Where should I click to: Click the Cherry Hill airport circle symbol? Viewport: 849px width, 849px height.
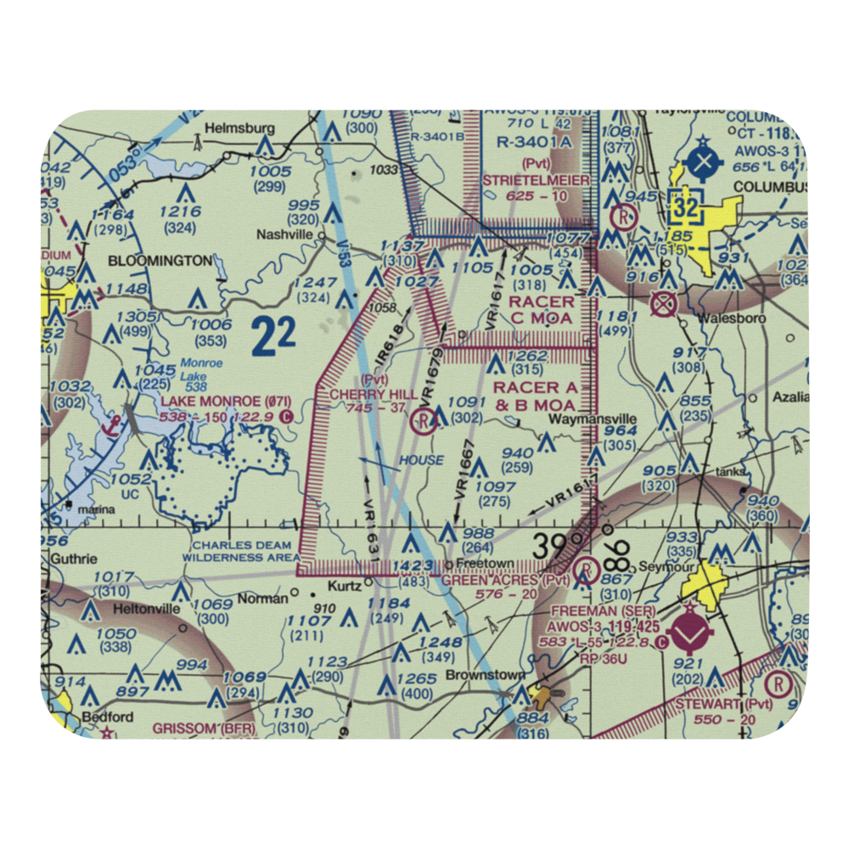pyautogui.click(x=423, y=420)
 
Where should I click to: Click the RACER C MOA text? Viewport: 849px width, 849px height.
pyautogui.click(x=541, y=310)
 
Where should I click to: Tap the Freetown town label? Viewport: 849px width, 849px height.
pyautogui.click(x=473, y=563)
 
